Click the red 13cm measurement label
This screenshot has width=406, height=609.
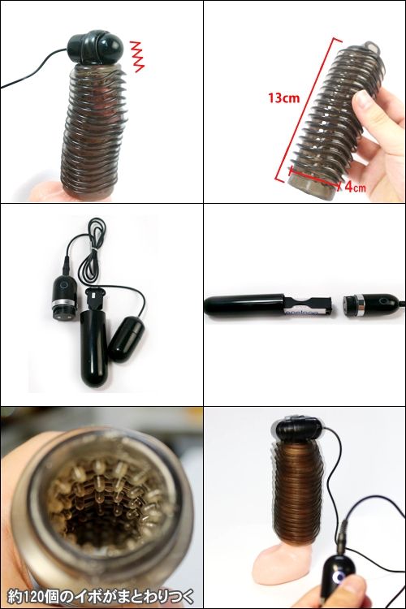coord(283,97)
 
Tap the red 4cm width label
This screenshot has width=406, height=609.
coord(355,187)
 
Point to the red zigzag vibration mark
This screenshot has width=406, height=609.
coord(136,56)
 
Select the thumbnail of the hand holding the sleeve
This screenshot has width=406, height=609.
coord(304,101)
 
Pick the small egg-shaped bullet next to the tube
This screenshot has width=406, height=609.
coord(127,339)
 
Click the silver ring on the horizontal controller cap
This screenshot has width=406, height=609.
coord(360,304)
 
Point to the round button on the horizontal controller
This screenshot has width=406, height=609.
coord(384,301)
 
